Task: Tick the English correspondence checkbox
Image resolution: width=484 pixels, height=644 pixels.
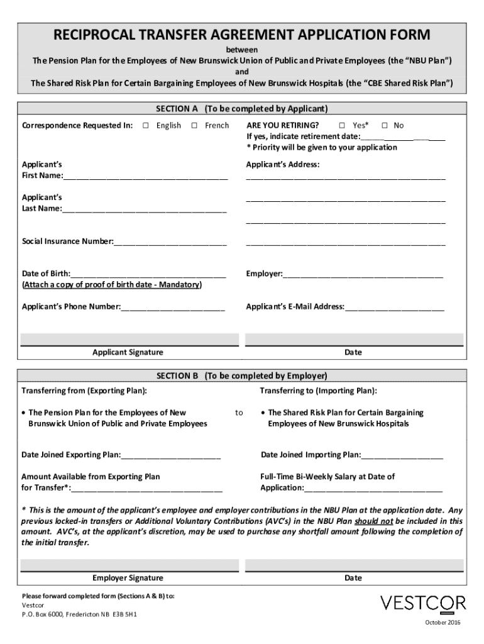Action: click(x=145, y=126)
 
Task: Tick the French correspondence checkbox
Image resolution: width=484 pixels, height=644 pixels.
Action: click(x=194, y=126)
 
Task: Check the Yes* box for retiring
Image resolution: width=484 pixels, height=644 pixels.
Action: click(x=342, y=126)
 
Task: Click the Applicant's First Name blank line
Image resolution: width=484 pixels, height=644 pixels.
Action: click(x=145, y=175)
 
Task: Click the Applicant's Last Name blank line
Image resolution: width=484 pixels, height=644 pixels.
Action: click(x=144, y=209)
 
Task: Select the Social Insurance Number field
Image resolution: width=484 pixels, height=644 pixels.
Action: click(x=170, y=241)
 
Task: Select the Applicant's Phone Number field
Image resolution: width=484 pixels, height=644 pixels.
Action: click(x=173, y=308)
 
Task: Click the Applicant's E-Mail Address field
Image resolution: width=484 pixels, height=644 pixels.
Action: click(x=394, y=308)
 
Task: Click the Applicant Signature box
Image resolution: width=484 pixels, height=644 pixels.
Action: click(x=128, y=338)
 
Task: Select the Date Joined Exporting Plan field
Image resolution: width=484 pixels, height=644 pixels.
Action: click(x=171, y=455)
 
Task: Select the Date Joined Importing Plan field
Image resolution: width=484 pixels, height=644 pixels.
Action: click(x=402, y=455)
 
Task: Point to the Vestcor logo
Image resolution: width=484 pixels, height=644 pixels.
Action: click(x=423, y=604)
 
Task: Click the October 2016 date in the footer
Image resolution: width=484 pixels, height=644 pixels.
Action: click(x=443, y=623)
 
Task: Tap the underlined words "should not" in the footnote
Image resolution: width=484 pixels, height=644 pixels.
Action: click(x=374, y=521)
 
